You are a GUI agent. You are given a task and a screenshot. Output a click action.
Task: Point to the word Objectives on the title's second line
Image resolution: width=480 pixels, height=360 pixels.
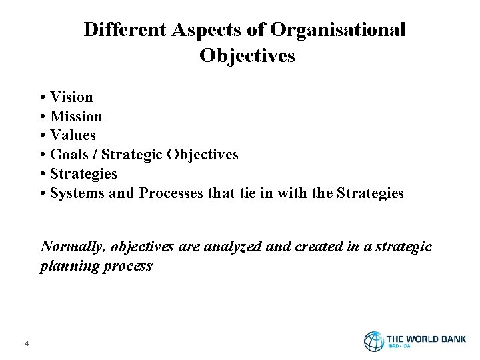(247, 56)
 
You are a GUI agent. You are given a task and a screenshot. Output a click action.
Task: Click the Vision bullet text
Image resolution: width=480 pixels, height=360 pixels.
(71, 97)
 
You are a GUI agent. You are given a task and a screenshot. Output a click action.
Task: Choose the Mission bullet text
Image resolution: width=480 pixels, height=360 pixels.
(76, 117)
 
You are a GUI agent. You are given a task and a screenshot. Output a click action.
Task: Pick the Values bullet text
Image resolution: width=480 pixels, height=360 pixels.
(73, 136)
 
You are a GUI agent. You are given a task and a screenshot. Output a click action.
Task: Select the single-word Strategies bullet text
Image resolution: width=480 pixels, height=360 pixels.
(83, 174)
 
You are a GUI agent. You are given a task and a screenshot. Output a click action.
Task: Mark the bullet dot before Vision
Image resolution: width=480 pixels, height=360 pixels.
(43, 97)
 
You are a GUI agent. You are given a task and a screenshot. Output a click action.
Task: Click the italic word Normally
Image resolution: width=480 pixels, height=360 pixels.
(73, 247)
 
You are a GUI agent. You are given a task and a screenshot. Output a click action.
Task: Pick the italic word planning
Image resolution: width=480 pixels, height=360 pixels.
(69, 266)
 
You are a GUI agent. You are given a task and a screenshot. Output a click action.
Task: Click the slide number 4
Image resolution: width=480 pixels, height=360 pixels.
(26, 343)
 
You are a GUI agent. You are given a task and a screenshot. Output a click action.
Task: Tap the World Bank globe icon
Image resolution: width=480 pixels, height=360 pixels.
(373, 341)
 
